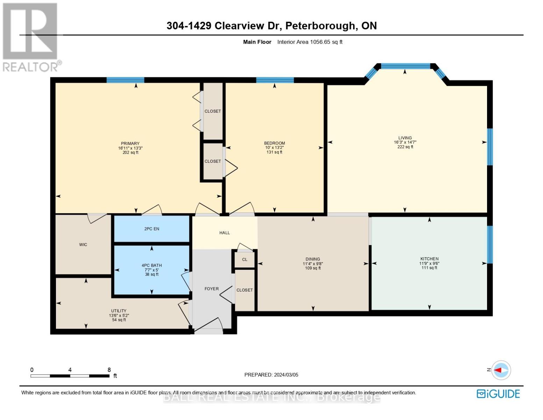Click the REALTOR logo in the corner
[31, 37]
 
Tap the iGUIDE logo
[498, 394]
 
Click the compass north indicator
[501, 370]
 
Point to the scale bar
[70, 376]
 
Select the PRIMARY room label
[130, 143]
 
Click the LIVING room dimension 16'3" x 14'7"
[405, 142]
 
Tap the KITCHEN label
[429, 259]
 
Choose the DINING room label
[313, 259]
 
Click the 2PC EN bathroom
[152, 229]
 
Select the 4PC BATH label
[152, 265]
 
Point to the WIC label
[83, 245]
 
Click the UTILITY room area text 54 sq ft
[119, 320]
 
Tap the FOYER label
[212, 289]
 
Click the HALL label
[224, 233]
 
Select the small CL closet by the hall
[245, 260]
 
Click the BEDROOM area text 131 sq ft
[274, 152]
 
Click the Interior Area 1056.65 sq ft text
[310, 42]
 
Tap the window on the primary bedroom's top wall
[125, 80]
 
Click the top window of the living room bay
[405, 66]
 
